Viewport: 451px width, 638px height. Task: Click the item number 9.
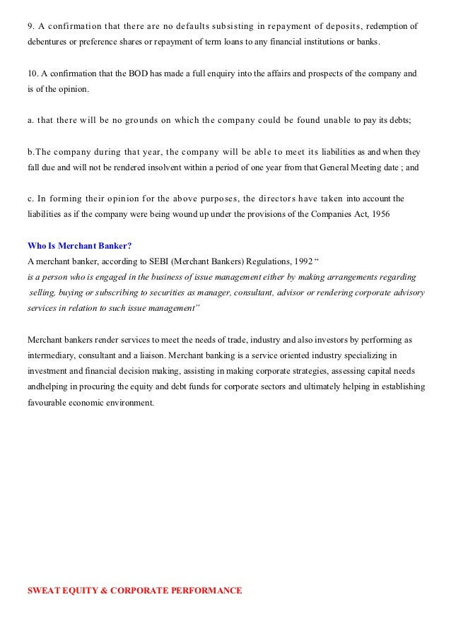[x=30, y=27]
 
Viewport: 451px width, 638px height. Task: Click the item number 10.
[x=32, y=73]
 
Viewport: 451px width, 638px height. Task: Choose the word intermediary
[x=53, y=355]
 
